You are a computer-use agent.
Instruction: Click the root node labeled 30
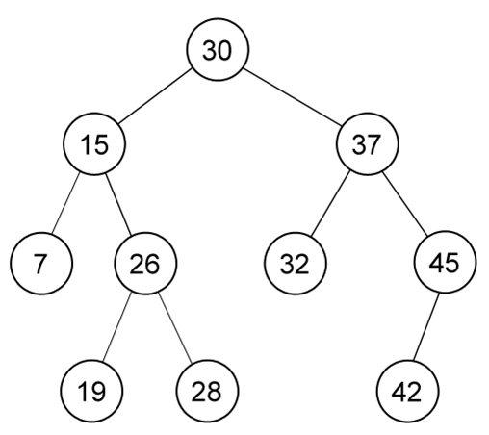218,50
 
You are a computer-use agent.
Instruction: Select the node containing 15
94,144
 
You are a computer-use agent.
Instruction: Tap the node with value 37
368,144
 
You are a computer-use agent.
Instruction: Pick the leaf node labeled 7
41,264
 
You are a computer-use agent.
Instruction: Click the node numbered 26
145,264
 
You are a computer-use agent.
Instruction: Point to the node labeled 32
296,264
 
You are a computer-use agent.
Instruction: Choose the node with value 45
446,262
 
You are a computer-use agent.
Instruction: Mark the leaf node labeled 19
91,391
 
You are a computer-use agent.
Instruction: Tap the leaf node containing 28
207,391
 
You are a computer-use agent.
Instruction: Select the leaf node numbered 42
407,391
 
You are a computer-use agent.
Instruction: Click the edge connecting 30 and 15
155,96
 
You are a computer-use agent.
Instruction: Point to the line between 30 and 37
292,97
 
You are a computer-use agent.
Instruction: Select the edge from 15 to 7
65,203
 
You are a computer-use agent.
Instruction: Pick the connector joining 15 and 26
118,204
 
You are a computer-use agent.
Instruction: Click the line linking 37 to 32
330,203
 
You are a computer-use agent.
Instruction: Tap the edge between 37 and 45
405,204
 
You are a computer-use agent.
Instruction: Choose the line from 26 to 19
117,327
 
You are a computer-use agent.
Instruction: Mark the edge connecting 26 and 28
175,328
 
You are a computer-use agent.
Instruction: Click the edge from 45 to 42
426,326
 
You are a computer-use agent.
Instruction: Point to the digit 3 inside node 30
210,51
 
